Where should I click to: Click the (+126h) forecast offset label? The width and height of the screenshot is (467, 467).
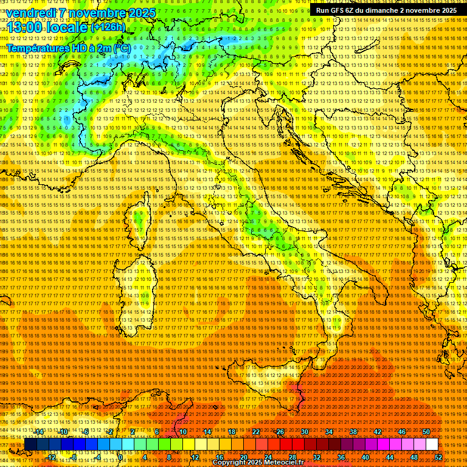tap(108, 27)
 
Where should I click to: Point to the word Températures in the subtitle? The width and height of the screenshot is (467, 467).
tap(36, 47)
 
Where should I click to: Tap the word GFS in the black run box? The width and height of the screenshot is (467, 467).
tap(340, 10)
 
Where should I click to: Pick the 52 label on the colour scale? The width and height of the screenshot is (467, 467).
tap(438, 457)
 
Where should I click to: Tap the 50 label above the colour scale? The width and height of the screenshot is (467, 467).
tap(426, 432)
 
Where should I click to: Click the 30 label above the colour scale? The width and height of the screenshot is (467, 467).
tap(304, 432)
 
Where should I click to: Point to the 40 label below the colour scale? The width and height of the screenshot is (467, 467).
tap(365, 457)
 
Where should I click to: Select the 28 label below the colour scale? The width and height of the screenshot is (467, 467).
tap(292, 457)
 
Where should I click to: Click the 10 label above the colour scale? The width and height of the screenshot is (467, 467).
tap(182, 432)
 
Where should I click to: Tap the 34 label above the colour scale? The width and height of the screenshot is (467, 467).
tap(328, 432)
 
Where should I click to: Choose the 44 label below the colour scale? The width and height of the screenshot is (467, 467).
tap(389, 457)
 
